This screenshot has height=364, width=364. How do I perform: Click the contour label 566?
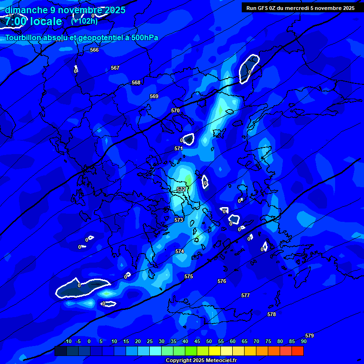click(94, 50)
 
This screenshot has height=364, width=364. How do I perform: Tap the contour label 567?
click(115, 68)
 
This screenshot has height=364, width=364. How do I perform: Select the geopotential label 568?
click(136, 82)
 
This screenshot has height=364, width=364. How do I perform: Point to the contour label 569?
click(154, 96)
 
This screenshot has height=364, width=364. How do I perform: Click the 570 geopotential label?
click(175, 110)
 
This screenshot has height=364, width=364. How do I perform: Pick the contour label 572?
click(181, 189)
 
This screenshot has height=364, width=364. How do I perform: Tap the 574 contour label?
click(180, 251)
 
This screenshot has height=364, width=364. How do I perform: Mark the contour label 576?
click(222, 281)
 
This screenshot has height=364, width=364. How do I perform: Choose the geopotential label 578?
click(272, 314)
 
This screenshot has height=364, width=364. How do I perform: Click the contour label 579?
click(309, 336)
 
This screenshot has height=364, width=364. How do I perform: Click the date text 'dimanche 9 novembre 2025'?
click(65, 10)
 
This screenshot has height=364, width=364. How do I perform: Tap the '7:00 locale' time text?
click(34, 22)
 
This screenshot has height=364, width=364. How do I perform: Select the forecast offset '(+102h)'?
click(84, 21)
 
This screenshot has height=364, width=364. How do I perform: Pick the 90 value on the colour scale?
click(303, 341)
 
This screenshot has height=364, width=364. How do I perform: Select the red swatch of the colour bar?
click(298, 351)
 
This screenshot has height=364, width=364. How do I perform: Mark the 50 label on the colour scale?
click(209, 341)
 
